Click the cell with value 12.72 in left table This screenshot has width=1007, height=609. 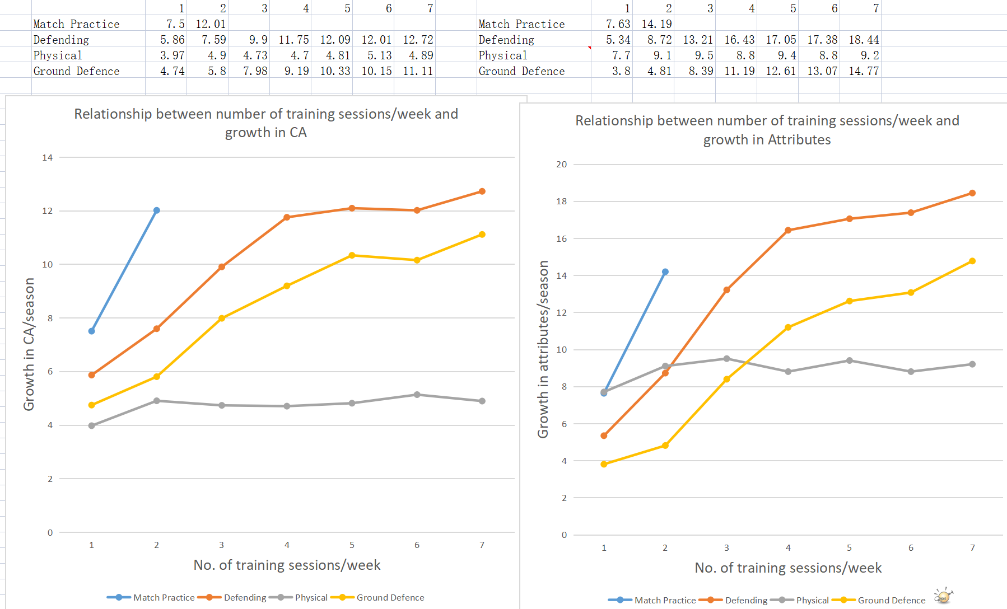coord(418,40)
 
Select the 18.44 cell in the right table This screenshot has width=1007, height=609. coord(864,40)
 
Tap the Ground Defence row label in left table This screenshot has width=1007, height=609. coord(76,71)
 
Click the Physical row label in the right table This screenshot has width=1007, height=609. coord(502,55)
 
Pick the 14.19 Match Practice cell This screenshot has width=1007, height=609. coord(656,24)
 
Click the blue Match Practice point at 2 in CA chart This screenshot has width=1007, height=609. coord(157,210)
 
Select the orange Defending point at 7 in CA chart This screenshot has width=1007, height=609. coord(482,191)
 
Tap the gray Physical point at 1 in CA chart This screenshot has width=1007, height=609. coord(92,426)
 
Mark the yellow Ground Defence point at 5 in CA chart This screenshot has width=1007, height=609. coord(352,255)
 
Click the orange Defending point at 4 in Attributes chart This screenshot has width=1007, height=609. coord(788,230)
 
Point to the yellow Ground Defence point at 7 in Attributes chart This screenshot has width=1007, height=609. coord(972,261)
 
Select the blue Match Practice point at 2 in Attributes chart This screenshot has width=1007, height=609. coord(665,272)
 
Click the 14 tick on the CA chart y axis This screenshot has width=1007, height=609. coord(48,158)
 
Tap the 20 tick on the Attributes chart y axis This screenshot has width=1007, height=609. coord(561,165)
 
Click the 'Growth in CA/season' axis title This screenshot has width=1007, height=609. coord(29,344)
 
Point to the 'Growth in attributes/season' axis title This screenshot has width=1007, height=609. coord(543,349)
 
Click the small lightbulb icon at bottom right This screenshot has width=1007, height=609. coord(943,596)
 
